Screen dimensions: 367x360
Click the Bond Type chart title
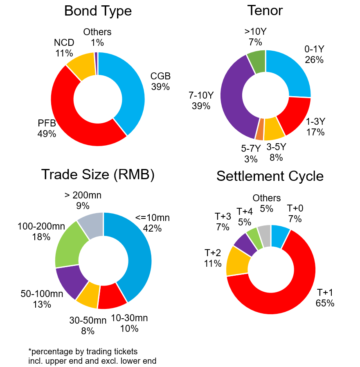98,11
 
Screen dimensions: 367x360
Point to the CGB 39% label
160,81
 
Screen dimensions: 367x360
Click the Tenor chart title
265,11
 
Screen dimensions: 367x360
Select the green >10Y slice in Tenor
257,62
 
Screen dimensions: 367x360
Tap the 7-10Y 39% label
201,101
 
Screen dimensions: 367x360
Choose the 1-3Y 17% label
315,127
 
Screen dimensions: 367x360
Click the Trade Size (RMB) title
98,175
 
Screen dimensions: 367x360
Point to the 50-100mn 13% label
42,299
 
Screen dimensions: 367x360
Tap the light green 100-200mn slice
70,244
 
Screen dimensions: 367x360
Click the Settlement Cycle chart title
270,176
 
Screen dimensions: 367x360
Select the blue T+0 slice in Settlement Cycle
280,236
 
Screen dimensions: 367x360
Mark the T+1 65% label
325,298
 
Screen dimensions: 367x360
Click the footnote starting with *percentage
92,356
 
